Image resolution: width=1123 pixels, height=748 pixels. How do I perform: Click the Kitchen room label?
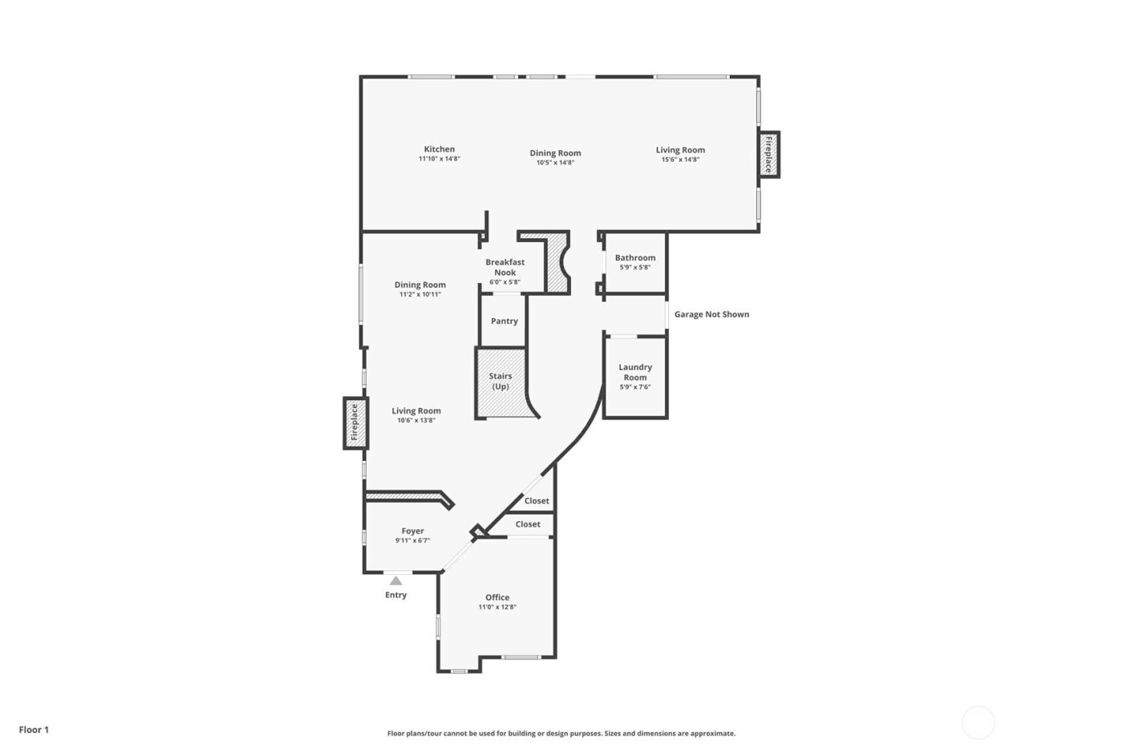click(x=439, y=149)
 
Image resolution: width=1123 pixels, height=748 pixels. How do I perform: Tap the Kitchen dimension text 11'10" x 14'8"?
click(x=439, y=159)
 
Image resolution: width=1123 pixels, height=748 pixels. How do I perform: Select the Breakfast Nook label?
click(x=505, y=267)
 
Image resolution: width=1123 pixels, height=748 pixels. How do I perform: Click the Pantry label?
click(x=504, y=321)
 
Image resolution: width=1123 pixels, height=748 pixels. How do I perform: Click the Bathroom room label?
click(x=634, y=257)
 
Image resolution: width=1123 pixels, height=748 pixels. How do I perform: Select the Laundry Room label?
click(x=634, y=372)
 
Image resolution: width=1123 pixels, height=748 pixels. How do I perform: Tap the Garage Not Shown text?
click(x=712, y=314)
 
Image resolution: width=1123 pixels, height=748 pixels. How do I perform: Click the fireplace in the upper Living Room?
click(x=768, y=155)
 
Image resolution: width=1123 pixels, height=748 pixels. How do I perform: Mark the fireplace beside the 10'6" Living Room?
click(x=355, y=423)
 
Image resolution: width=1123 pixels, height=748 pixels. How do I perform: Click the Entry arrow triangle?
click(x=395, y=580)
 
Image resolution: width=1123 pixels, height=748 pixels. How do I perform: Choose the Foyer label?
click(x=412, y=531)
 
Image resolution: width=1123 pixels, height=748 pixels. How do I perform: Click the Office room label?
click(x=497, y=597)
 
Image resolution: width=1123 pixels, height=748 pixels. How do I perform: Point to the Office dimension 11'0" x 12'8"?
click(x=497, y=607)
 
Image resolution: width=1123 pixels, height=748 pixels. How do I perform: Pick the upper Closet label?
click(x=537, y=501)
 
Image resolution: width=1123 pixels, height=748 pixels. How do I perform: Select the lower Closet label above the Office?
click(x=527, y=524)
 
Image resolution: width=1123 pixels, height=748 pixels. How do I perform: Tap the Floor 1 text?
click(x=34, y=730)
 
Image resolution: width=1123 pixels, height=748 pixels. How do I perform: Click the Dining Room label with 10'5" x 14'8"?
click(x=555, y=153)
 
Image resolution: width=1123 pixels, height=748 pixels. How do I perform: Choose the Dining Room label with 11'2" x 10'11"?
click(x=420, y=285)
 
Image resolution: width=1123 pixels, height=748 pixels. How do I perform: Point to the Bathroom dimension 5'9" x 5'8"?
click(x=634, y=267)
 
